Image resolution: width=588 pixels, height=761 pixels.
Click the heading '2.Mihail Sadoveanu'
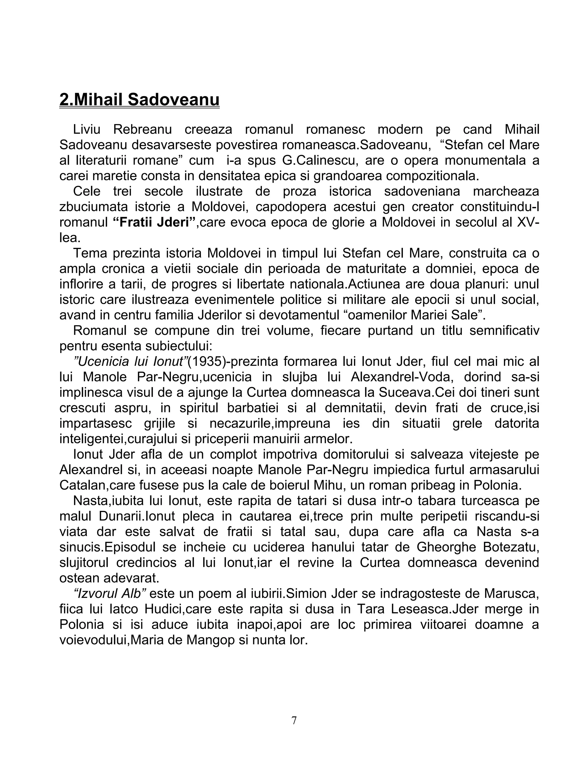(139, 100)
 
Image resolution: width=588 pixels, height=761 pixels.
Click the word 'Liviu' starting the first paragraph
(86, 130)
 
